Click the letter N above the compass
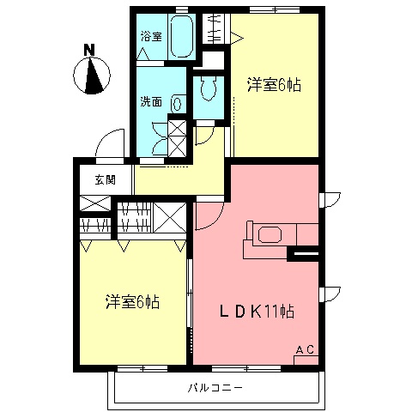[x=89, y=49]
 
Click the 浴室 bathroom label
[x=151, y=36]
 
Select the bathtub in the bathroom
[x=182, y=36]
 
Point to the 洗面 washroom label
[x=151, y=101]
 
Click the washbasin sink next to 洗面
[x=177, y=104]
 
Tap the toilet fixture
[x=209, y=88]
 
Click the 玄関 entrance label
[x=106, y=180]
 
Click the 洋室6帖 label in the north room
[x=274, y=85]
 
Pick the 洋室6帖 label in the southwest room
[x=132, y=301]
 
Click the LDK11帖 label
[x=257, y=311]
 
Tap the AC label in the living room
[x=305, y=349]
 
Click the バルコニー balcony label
[x=215, y=388]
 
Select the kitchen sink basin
[x=270, y=235]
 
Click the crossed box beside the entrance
[x=95, y=203]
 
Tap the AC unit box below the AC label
[x=306, y=360]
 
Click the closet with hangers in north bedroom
[x=216, y=28]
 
